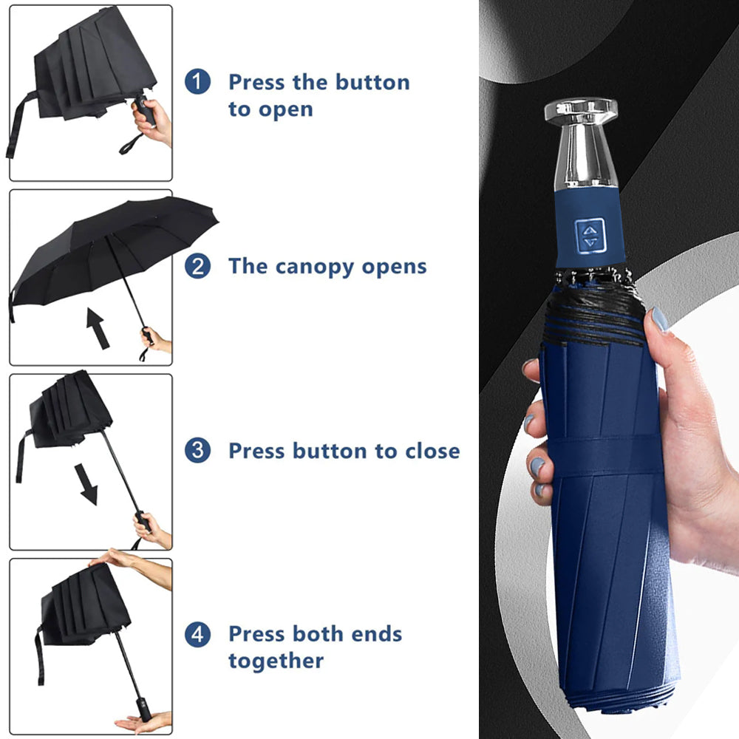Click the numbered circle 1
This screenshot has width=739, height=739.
point(197,81)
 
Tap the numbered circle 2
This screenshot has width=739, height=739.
point(197,266)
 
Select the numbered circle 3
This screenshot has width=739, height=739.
point(197,450)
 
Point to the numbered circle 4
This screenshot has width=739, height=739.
point(197,634)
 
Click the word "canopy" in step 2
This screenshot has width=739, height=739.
point(314,268)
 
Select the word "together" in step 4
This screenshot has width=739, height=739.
point(276,661)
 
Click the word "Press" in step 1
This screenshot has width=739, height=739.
point(257,82)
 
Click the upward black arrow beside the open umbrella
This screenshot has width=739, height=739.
point(98,329)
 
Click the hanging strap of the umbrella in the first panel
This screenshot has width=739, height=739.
point(18,124)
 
